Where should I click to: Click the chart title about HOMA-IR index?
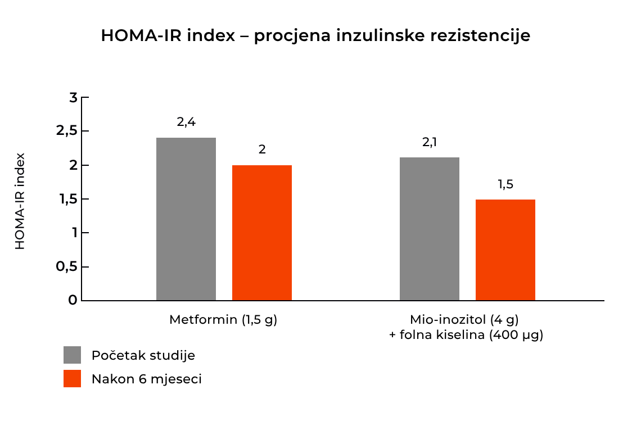point(315,36)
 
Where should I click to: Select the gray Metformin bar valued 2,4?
point(186,219)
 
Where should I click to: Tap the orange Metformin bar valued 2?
point(262,233)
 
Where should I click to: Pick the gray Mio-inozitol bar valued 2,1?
point(430,229)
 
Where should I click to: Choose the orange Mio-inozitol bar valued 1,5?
point(505,250)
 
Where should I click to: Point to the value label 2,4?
point(186,122)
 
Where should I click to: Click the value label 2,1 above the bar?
point(430,142)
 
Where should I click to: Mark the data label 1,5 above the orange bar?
point(505,184)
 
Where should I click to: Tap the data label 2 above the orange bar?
point(262,150)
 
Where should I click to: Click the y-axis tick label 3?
point(73,98)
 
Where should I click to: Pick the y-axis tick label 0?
point(73,300)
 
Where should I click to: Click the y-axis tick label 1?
point(73,233)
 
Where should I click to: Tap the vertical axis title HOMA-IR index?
point(20,201)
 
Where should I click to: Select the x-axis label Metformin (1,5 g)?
point(224,320)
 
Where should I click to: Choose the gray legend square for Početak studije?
point(73,355)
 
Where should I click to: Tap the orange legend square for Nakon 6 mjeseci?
point(73,379)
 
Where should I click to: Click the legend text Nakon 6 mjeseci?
point(146,379)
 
